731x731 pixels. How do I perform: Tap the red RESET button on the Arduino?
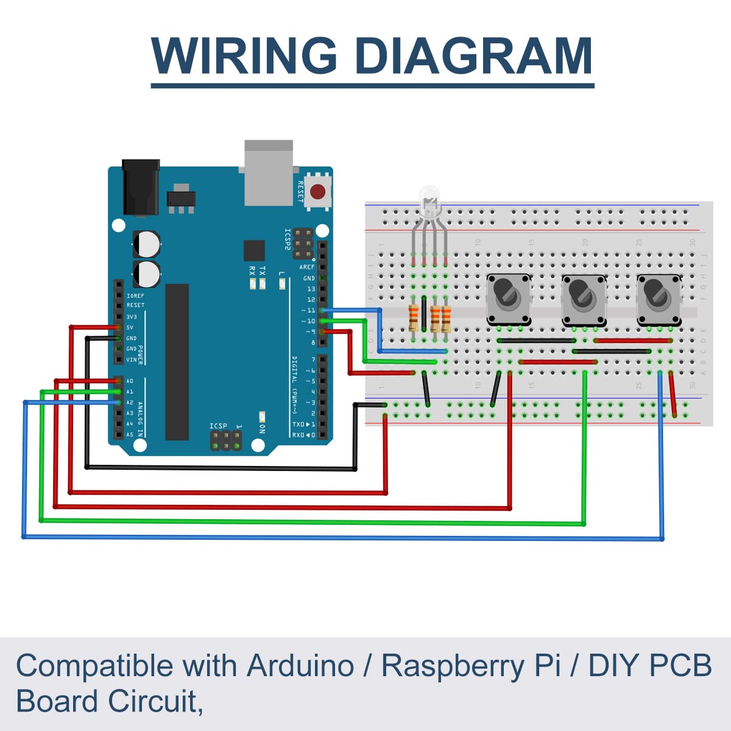[x=317, y=192]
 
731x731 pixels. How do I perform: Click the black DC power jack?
[x=141, y=187]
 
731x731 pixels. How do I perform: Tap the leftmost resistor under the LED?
[x=414, y=317]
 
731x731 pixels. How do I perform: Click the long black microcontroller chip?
[x=177, y=362]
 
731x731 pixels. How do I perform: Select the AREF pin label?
[x=307, y=267]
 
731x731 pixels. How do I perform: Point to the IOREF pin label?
[x=135, y=296]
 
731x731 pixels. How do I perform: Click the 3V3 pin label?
[x=132, y=317]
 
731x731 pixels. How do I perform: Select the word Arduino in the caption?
[x=300, y=665]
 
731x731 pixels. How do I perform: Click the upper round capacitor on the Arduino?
[x=147, y=243]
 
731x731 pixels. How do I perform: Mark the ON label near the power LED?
[x=263, y=428]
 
